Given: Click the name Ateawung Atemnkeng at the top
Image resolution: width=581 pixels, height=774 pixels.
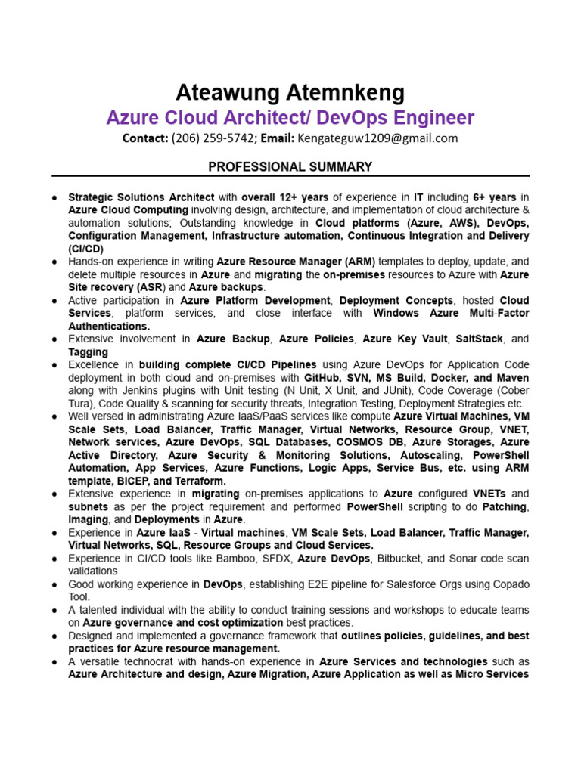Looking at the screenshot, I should coord(290,93).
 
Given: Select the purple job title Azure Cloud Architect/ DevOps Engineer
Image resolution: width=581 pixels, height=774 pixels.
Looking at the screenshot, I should coord(290,118).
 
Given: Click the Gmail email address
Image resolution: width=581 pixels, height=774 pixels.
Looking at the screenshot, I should coord(377,138).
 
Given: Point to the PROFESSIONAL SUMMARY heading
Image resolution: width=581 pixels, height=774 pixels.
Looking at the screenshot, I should coord(290,166).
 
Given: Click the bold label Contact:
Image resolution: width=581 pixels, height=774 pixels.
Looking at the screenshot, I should coord(145,138).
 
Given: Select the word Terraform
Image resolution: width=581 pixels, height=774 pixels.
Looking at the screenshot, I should coord(200,481).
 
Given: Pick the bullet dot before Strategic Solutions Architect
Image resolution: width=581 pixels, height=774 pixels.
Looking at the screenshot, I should coord(55,197).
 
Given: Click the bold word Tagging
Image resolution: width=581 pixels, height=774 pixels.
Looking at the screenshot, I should coord(89,352).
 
